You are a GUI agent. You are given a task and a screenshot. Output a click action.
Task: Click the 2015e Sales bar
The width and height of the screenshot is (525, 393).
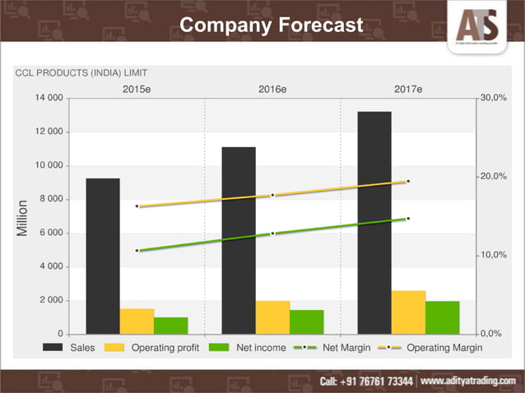click(x=103, y=256)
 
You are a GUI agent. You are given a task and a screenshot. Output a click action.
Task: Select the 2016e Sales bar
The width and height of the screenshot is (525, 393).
click(x=239, y=240)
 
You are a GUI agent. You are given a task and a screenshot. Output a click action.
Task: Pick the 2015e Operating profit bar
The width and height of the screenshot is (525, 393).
click(x=137, y=321)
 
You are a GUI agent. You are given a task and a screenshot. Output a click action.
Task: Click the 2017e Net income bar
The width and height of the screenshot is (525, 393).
click(x=442, y=317)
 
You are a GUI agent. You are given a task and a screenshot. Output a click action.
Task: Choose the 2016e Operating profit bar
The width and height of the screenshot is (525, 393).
click(x=272, y=317)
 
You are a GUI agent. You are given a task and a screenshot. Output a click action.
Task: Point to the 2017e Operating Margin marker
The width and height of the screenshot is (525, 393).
click(x=408, y=181)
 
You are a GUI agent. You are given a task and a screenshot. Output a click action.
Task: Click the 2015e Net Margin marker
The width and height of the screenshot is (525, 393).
click(x=137, y=250)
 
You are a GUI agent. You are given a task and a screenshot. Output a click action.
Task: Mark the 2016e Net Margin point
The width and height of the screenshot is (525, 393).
click(x=272, y=233)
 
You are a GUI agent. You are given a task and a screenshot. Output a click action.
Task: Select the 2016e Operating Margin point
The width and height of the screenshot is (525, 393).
click(x=272, y=195)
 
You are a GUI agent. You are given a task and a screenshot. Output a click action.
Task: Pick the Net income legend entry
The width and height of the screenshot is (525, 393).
click(x=248, y=348)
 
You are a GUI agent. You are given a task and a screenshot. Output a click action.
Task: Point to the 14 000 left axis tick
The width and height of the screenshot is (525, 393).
click(x=50, y=99)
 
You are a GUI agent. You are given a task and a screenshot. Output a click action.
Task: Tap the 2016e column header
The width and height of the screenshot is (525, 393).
click(x=272, y=88)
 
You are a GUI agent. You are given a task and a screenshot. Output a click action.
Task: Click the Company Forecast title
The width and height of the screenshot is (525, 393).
click(x=271, y=25)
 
